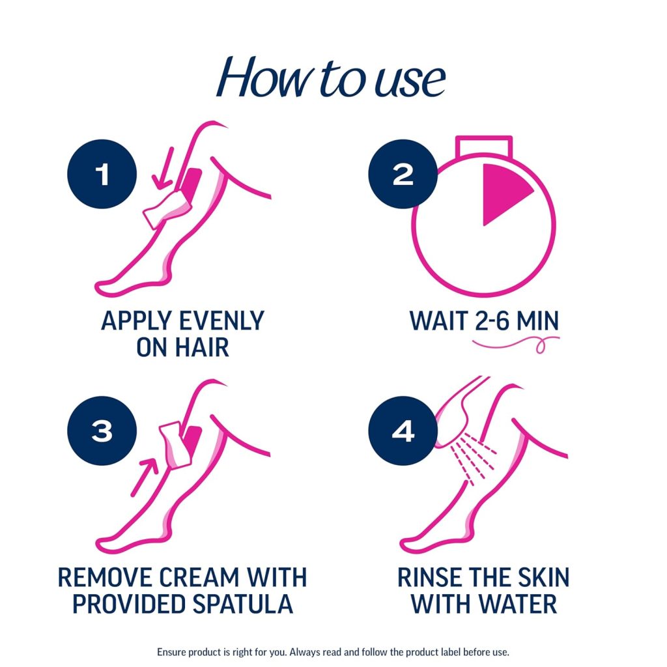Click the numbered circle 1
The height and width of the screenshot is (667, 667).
tap(102, 175)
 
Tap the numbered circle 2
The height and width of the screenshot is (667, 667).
tap(403, 175)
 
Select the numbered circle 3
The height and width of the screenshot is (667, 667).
tap(102, 431)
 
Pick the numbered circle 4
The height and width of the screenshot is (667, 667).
tap(403, 431)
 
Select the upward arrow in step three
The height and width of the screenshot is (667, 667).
tap(145, 477)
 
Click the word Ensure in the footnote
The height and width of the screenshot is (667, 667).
tap(171, 652)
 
